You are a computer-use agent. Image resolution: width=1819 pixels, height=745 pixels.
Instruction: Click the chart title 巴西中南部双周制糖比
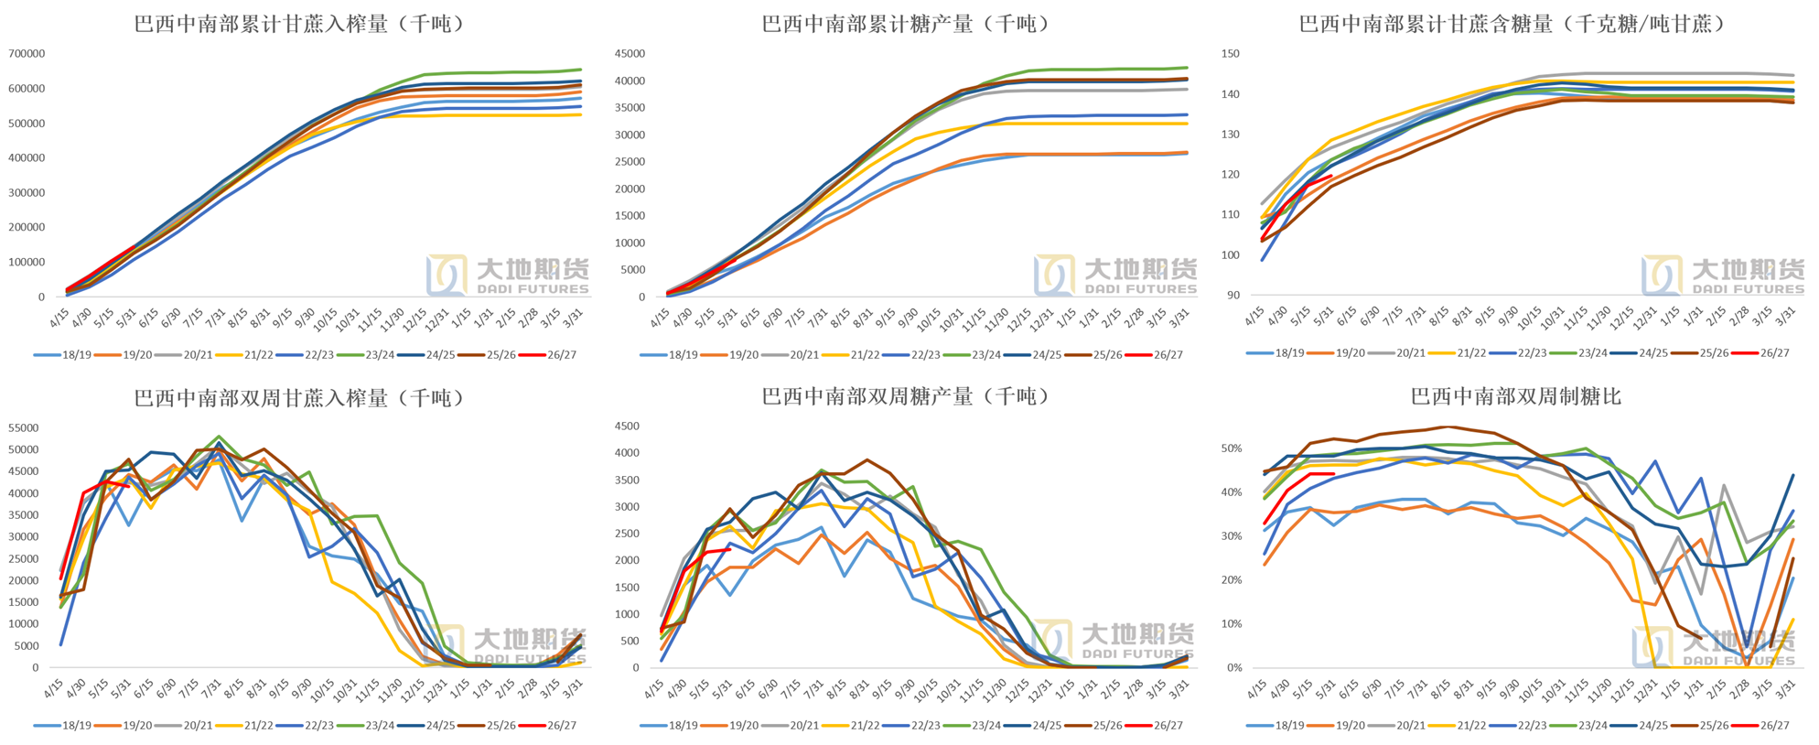(1516, 396)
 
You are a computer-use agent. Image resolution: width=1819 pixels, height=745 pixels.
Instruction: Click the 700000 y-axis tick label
(27, 54)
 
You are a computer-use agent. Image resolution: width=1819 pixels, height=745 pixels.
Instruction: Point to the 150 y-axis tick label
(1231, 54)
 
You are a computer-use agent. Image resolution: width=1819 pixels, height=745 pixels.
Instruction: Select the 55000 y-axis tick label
(24, 428)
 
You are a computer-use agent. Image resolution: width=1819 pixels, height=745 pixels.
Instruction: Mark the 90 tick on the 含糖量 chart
(1233, 295)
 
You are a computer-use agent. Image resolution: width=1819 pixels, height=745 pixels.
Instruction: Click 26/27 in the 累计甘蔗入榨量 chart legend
(562, 355)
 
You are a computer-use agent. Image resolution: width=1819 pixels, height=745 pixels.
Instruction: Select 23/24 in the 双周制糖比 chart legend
(1592, 726)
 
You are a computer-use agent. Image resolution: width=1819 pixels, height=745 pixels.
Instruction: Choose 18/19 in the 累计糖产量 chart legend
(683, 355)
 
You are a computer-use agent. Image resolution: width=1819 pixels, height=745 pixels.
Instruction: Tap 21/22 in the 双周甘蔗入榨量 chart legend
(258, 726)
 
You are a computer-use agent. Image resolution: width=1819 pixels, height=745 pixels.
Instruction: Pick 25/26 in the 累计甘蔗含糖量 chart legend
(1714, 353)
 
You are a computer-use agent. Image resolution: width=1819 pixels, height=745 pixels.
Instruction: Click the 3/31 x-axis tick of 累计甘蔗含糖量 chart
(1784, 317)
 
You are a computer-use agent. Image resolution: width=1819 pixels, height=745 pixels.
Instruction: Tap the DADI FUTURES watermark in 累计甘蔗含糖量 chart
(1749, 289)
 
